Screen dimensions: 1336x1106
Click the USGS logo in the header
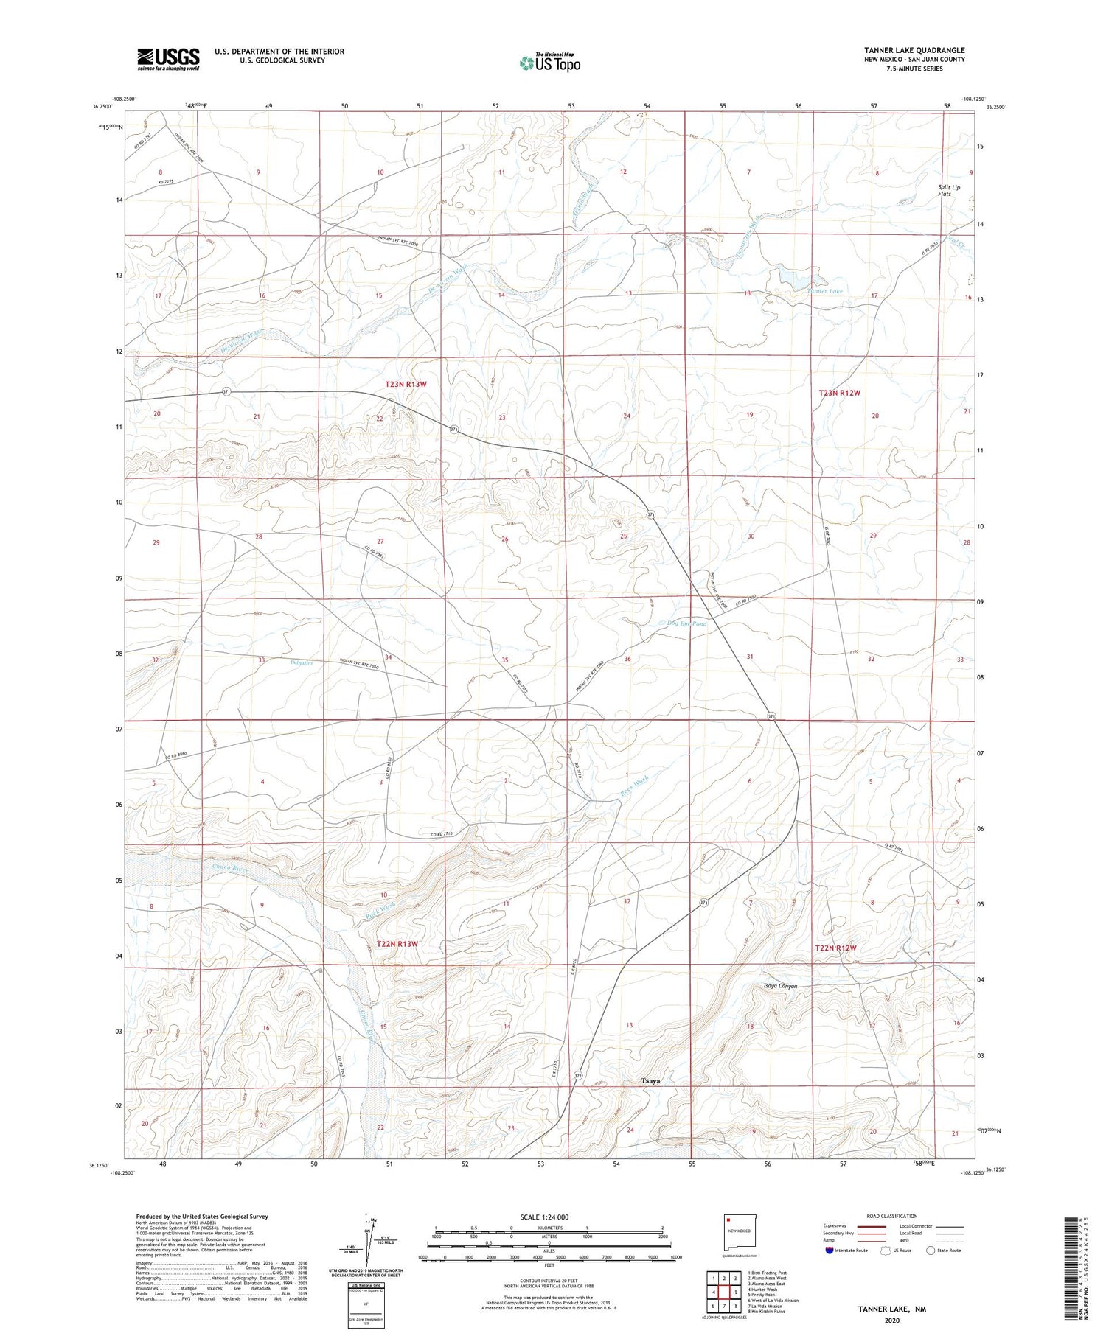pyautogui.click(x=168, y=59)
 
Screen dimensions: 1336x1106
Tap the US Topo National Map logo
pyautogui.click(x=550, y=63)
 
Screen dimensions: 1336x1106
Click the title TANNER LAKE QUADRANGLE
pyautogui.click(x=914, y=50)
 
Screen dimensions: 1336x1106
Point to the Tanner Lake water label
pyautogui.click(x=824, y=291)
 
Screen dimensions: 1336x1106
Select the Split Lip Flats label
pyautogui.click(x=949, y=191)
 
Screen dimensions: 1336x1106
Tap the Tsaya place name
pyautogui.click(x=650, y=1081)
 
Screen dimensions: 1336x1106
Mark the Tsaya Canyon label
pyautogui.click(x=779, y=986)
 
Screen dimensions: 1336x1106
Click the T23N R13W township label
pyautogui.click(x=406, y=384)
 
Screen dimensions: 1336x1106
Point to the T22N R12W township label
pyautogui.click(x=835, y=948)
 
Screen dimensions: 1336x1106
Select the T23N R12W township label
pyautogui.click(x=839, y=393)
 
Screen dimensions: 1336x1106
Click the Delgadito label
pyautogui.click(x=302, y=662)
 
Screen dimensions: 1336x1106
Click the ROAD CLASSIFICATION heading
pyautogui.click(x=892, y=1216)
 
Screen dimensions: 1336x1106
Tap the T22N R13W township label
pyautogui.click(x=397, y=944)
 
